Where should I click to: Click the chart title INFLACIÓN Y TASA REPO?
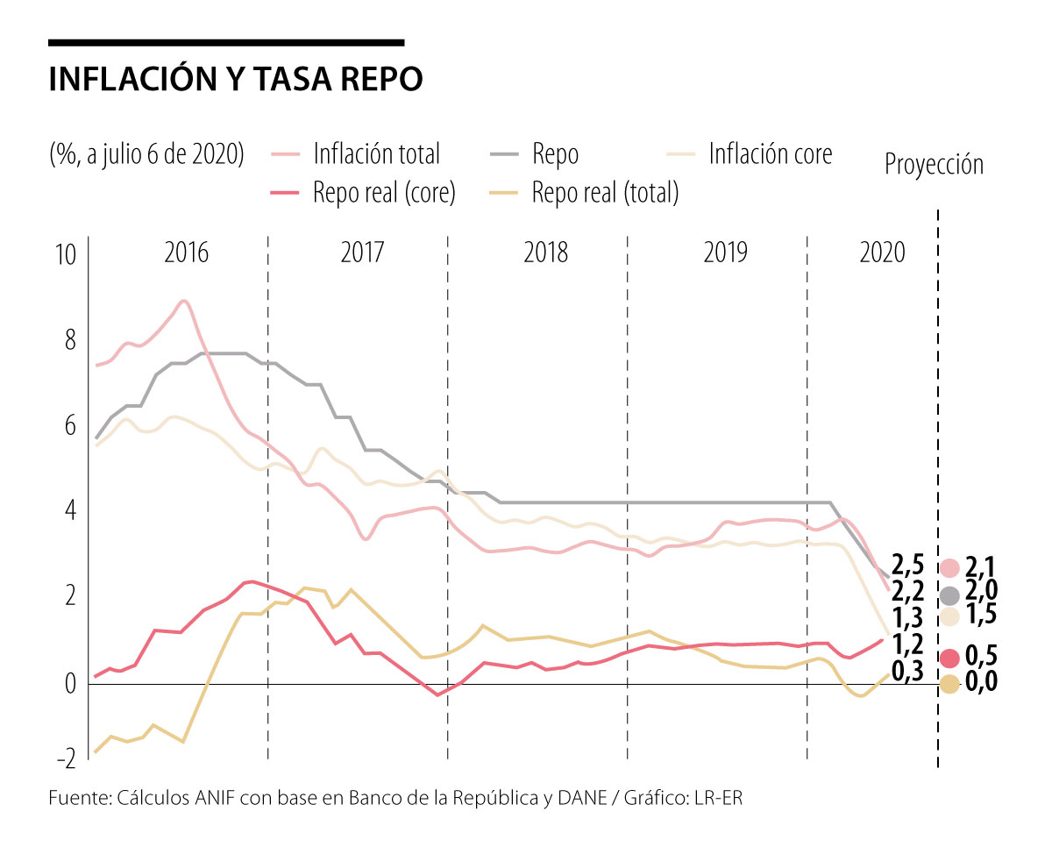pyautogui.click(x=236, y=79)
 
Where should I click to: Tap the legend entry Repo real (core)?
pyautogui.click(x=384, y=193)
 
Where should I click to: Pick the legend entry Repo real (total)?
pyautogui.click(x=605, y=193)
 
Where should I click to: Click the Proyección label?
pyautogui.click(x=934, y=164)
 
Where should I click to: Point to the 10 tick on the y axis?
pyautogui.click(x=67, y=256)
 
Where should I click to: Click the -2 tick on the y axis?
pyautogui.click(x=63, y=758)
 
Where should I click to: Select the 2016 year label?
pyautogui.click(x=187, y=253)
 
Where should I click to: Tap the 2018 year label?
pyautogui.click(x=545, y=253)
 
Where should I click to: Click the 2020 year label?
pyautogui.click(x=882, y=253)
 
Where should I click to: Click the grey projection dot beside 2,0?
pyautogui.click(x=949, y=595)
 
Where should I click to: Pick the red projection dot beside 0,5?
pyautogui.click(x=949, y=658)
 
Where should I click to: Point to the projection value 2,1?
pyautogui.click(x=981, y=567)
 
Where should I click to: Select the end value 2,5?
pyautogui.click(x=908, y=563)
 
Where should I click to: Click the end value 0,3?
pyautogui.click(x=908, y=671)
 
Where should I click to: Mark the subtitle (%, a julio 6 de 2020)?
pyautogui.click(x=146, y=154)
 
